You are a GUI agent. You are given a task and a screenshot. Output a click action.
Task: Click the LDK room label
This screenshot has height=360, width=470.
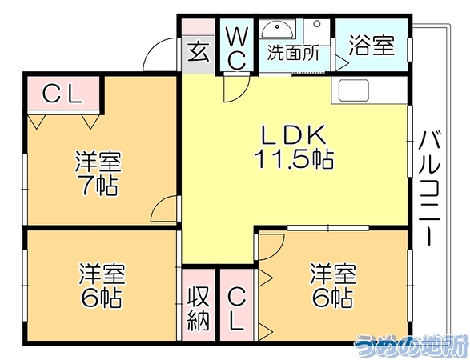pos(294,134)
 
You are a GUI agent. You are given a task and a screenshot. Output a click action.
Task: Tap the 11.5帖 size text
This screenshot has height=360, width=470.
pos(294,158)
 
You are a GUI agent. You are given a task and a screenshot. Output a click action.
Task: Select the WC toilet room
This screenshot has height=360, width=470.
pos(237,45)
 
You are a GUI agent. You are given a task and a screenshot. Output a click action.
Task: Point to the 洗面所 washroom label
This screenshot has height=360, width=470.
pos(294,53)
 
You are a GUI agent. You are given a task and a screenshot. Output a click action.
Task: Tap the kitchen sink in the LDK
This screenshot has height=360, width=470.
pos(354,90)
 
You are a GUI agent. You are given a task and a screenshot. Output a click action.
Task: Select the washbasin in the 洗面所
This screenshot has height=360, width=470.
pos(277,30)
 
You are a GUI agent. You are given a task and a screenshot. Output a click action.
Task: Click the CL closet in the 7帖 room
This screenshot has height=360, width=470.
pos(63,94)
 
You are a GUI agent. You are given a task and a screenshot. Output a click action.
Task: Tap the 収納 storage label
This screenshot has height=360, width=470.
pos(198,309)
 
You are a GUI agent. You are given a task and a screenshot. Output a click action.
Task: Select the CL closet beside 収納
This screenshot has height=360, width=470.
pos(237,305)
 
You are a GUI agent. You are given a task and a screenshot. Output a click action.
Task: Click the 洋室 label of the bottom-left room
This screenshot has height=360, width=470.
pos(102,274)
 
